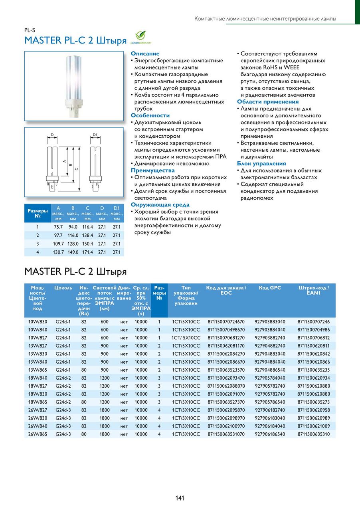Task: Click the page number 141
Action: pyautogui.click(x=180, y=498)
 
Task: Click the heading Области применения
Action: pyautogui.click(x=268, y=102)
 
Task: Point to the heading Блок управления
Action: pyautogui.click(x=261, y=163)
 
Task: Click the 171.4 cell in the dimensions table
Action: pyautogui.click(x=87, y=252)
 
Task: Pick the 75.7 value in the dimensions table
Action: pyautogui.click(x=59, y=227)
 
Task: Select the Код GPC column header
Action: pyautogui.click(x=270, y=288)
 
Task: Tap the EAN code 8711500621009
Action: pyautogui.click(x=313, y=426)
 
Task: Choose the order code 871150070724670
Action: pyautogui.click(x=226, y=322)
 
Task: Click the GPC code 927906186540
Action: pyautogui.click(x=270, y=434)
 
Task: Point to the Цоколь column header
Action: pyautogui.click(x=63, y=288)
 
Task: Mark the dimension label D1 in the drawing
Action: pyautogui.click(x=95, y=135)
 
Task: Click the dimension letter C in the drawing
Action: pyautogui.click(x=76, y=168)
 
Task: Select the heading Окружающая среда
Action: pyautogui.click(x=154, y=205)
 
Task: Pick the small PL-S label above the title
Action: pyautogui.click(x=30, y=30)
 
